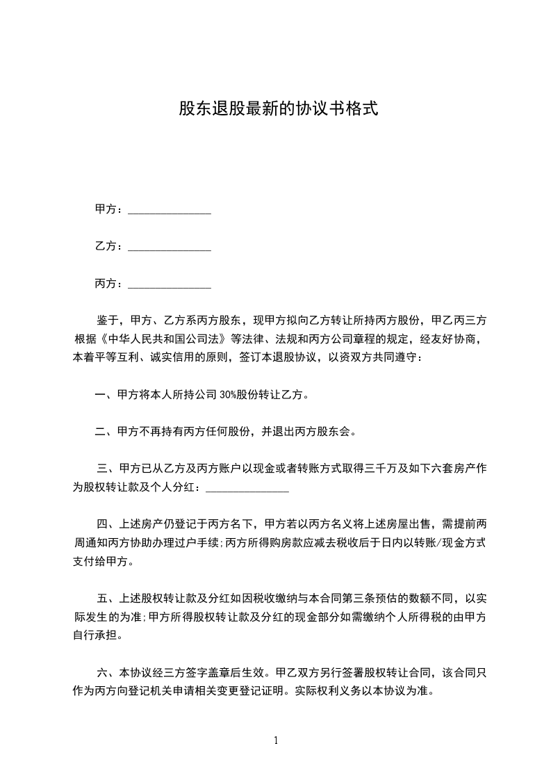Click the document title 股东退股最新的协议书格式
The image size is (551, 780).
point(278,108)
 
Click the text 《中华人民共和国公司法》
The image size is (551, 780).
point(165,339)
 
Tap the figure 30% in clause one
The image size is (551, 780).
point(228,395)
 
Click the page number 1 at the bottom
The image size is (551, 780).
point(276,740)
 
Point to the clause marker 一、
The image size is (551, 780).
point(106,395)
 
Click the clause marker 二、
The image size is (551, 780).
point(106,432)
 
